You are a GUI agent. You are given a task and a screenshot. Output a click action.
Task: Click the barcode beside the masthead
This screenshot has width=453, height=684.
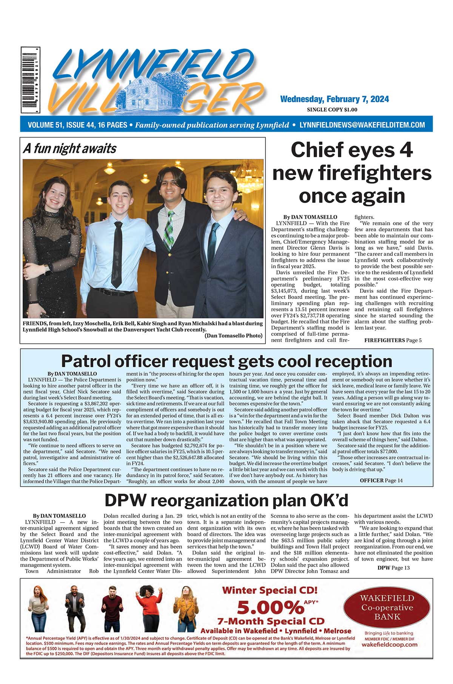(x=30, y=80)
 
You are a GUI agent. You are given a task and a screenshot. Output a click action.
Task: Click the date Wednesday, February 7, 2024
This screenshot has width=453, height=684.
(x=334, y=99)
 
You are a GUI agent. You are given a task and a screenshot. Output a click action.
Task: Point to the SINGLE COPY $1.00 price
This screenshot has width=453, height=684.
(x=332, y=110)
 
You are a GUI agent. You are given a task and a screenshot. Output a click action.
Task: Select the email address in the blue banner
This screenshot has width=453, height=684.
(x=362, y=125)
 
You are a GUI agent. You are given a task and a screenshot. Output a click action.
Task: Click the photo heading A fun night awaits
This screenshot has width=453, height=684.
(x=70, y=149)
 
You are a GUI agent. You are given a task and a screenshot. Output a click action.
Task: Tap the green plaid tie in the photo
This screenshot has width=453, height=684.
(x=170, y=230)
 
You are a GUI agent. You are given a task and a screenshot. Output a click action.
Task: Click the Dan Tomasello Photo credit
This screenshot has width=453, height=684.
(x=233, y=335)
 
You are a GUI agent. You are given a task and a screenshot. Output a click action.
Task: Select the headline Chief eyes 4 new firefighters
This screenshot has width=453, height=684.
(x=352, y=173)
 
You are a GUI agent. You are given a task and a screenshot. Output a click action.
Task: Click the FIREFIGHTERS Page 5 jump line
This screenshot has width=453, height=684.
(x=393, y=340)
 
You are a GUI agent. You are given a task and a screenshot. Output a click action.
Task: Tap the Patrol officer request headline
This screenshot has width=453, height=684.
(x=226, y=361)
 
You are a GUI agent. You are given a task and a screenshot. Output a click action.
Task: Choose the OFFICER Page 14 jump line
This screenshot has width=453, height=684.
(x=381, y=480)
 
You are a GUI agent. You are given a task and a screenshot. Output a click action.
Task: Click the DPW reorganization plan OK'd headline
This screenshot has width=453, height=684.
(x=226, y=500)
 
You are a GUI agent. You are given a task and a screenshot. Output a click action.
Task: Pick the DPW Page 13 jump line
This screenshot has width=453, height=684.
(x=393, y=567)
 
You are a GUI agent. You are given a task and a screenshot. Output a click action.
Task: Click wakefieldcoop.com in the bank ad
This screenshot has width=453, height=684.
(x=389, y=644)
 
